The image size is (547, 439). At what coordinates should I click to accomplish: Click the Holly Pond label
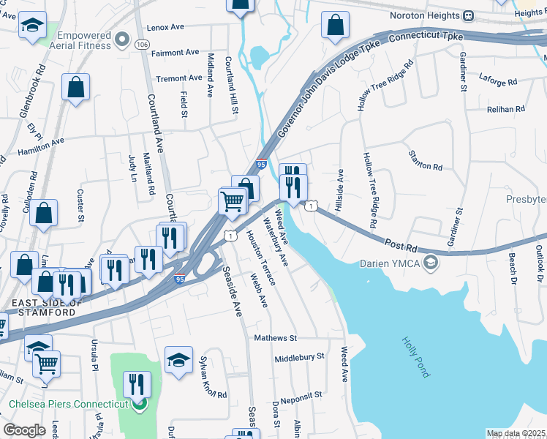(x=415, y=357)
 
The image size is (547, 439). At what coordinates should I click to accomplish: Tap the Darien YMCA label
(x=391, y=263)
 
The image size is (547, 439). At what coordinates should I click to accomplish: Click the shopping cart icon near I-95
(x=232, y=200)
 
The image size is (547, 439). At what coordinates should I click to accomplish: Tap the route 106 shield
(x=142, y=45)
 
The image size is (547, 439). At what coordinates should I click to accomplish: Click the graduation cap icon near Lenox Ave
(x=31, y=27)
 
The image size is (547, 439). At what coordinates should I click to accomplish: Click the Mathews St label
(x=275, y=339)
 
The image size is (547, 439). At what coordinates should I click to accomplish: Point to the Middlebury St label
(x=299, y=358)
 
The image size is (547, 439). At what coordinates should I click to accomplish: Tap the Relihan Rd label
(x=506, y=109)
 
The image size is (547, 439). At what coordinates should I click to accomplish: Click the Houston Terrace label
(x=261, y=258)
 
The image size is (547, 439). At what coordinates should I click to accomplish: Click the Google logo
(x=25, y=430)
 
